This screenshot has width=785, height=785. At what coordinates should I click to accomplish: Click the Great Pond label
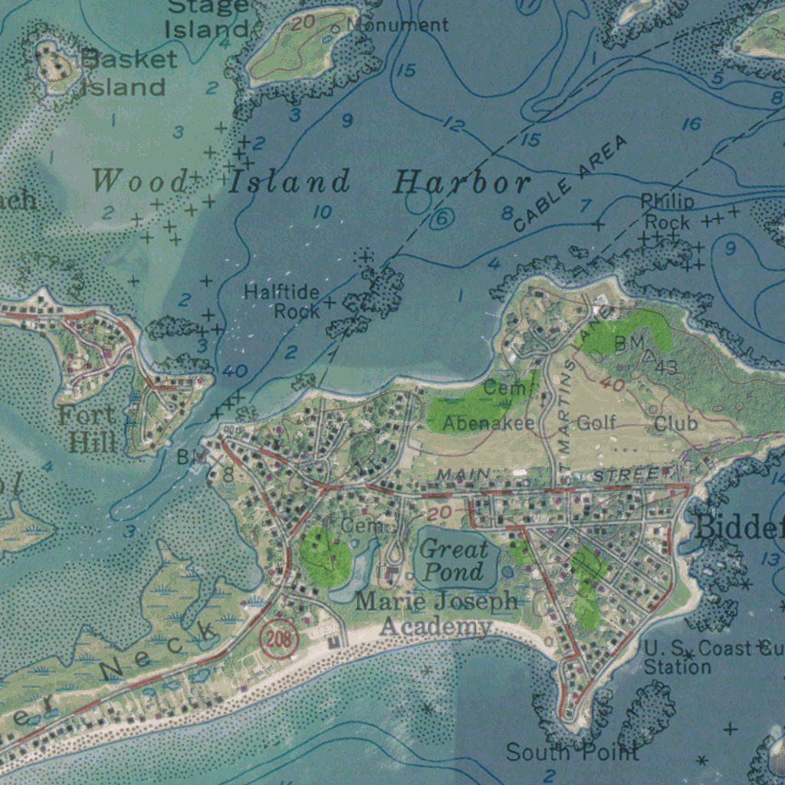click(x=454, y=560)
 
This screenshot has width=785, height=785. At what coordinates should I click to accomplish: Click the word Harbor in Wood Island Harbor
click(x=461, y=183)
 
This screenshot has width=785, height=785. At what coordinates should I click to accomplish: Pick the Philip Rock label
click(x=667, y=212)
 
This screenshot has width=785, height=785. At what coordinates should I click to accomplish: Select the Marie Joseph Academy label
click(x=436, y=613)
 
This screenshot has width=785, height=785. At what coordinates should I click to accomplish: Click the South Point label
click(x=572, y=752)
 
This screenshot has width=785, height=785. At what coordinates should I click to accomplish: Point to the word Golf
click(x=596, y=422)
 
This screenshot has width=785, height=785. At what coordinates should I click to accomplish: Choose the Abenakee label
click(x=488, y=423)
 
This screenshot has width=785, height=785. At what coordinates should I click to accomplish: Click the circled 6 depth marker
click(x=442, y=219)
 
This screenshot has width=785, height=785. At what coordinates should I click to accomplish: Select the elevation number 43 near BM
click(x=665, y=369)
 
